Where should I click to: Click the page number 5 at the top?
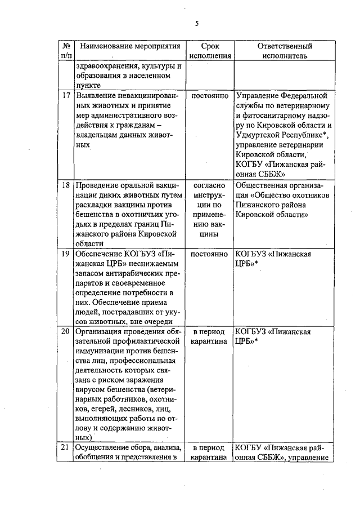coord(197,23)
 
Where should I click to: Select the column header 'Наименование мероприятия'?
coord(125,46)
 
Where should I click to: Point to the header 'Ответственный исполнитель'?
coord(284,51)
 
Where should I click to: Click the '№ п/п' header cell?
coord(66,51)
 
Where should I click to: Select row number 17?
coord(66,97)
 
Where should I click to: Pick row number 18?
coord(66,185)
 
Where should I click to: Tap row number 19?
coord(66,254)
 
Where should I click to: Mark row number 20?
coord(66,331)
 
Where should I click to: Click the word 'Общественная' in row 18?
coord(264,185)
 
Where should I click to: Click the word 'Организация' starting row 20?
coord(100,331)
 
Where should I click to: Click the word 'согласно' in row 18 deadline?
coord(210,185)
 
